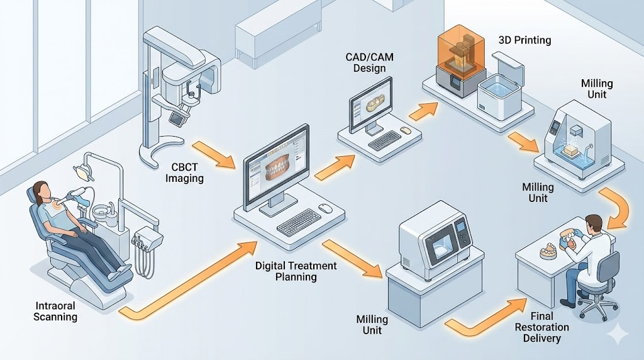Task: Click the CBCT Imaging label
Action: pos(186,172)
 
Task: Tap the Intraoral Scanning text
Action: pos(55,311)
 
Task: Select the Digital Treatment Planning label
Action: pos(296,271)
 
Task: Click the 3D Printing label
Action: pos(525,40)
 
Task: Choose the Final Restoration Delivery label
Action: pos(541,327)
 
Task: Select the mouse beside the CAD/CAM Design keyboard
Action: pos(406,130)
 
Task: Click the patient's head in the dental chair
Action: pos(42,191)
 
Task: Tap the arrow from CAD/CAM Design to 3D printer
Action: pos(422,113)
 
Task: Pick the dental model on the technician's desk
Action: pos(549,252)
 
